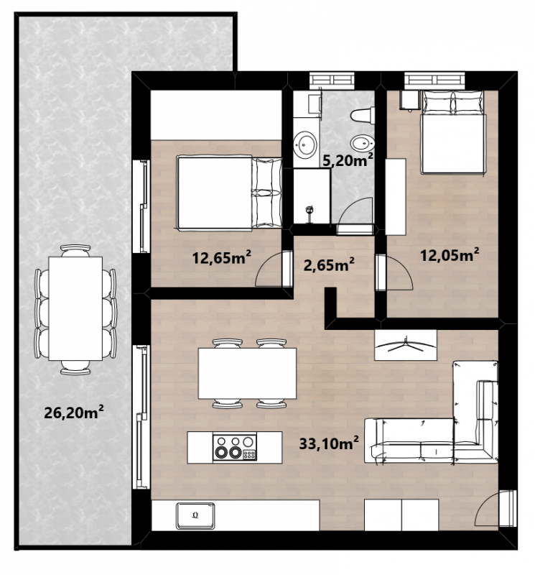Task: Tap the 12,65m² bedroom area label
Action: (x=221, y=257)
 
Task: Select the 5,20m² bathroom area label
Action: (x=348, y=160)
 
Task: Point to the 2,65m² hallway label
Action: (x=329, y=264)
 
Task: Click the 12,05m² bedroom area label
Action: (x=450, y=254)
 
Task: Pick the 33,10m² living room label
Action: (x=329, y=443)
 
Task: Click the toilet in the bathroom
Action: (x=363, y=115)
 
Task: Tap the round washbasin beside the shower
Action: (x=305, y=145)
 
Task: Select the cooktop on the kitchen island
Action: (x=235, y=447)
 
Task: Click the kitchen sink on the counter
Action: (x=195, y=515)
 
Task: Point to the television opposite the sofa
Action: (x=405, y=345)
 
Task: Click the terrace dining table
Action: (x=75, y=308)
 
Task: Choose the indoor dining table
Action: (x=247, y=373)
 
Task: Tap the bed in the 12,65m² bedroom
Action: (x=230, y=193)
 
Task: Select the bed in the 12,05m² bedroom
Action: (x=454, y=132)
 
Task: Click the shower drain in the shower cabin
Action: (x=310, y=210)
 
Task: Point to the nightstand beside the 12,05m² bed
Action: (x=409, y=100)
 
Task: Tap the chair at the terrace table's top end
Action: (x=75, y=250)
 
